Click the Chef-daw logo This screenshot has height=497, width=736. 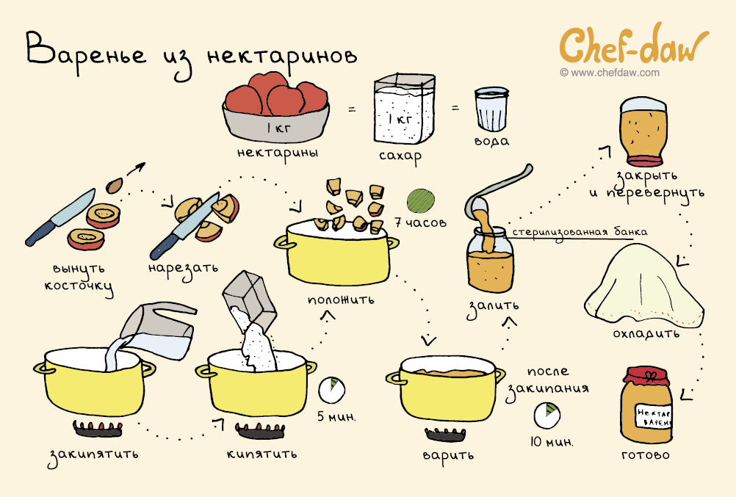(x=634, y=45)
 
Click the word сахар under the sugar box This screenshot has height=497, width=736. (x=400, y=156)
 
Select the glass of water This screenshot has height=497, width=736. (x=491, y=109)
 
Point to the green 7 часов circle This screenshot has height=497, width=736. (x=421, y=201)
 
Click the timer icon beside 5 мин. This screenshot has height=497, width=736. (x=332, y=390)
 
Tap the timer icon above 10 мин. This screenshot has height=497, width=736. (x=546, y=415)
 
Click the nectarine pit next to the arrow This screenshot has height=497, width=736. (x=114, y=186)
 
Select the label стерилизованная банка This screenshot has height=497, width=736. (x=580, y=232)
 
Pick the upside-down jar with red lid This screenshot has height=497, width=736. (x=643, y=131)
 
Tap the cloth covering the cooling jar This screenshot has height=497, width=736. (x=644, y=286)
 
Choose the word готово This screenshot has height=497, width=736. (x=646, y=454)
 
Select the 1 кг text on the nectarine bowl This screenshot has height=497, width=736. (x=279, y=127)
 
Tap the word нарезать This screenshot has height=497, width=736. (x=183, y=269)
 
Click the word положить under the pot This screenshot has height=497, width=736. (x=342, y=300)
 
